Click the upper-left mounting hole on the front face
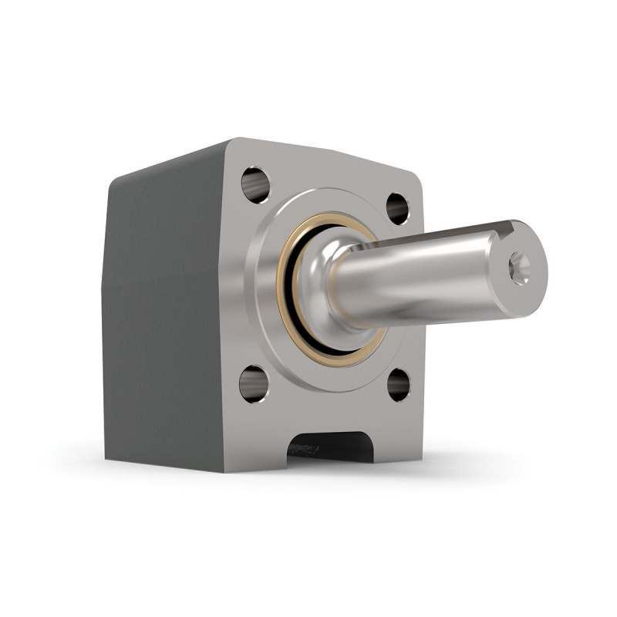coord(255,184)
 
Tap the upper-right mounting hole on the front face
coord(397,207)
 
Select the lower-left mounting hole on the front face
coord(253,383)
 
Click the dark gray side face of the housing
coord(162,324)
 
